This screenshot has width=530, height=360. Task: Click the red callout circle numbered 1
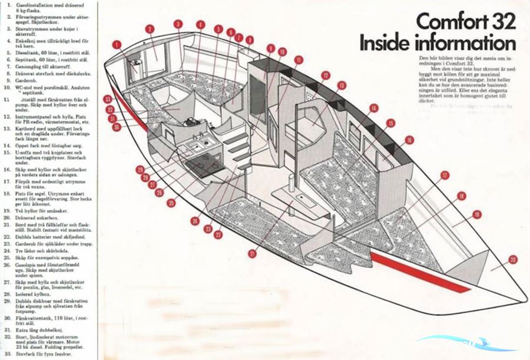click(x=117, y=44)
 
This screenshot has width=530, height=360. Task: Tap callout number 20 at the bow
click(x=512, y=259)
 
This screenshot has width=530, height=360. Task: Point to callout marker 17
click(x=445, y=175)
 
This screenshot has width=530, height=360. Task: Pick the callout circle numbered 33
click(x=108, y=99)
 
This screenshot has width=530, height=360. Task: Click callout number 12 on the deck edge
click(x=325, y=75)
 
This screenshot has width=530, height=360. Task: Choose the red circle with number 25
click(x=171, y=203)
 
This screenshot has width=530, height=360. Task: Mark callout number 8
click(x=250, y=40)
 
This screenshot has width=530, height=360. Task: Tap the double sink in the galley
click(x=194, y=146)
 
